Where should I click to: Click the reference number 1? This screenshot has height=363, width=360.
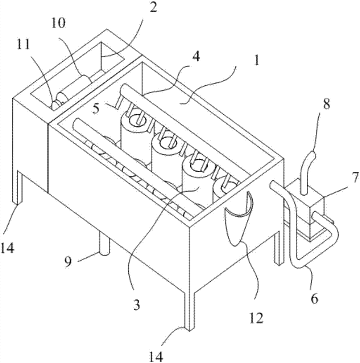(x=257, y=60)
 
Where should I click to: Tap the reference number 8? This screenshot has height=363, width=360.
(x=327, y=104)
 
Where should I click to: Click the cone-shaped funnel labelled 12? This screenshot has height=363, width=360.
(x=239, y=219)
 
